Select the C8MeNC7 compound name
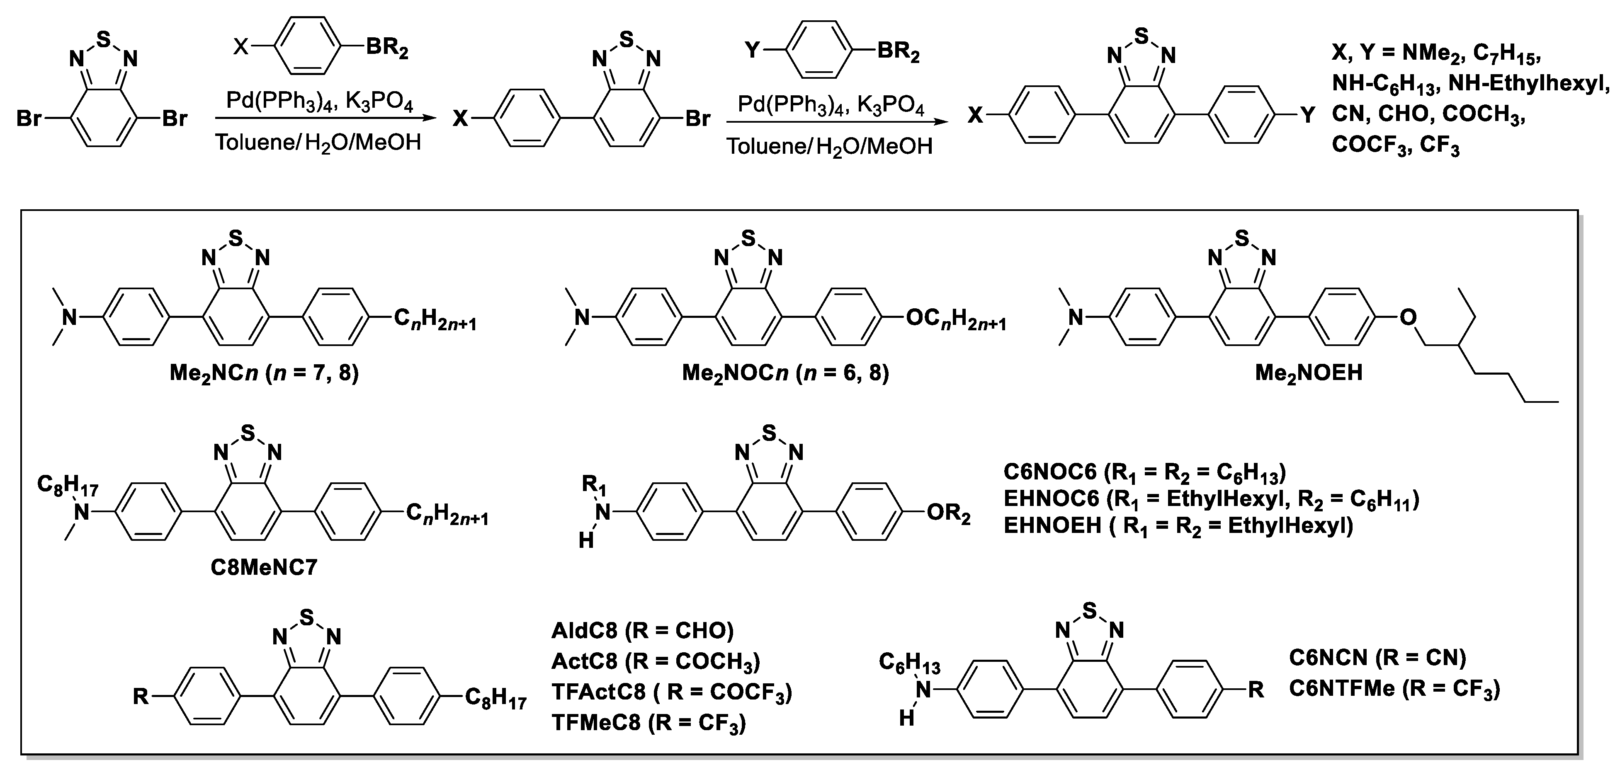pyautogui.click(x=264, y=568)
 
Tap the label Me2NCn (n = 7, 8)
pyautogui.click(x=264, y=373)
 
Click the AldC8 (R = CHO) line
pyautogui.click(x=643, y=631)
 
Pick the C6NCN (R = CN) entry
pyautogui.click(x=1377, y=658)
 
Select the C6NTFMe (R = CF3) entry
pyautogui.click(x=1394, y=688)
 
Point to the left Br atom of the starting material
pyautogui.click(x=29, y=118)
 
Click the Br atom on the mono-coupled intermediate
pyautogui.click(x=697, y=118)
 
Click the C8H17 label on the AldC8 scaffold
pyautogui.click(x=495, y=698)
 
